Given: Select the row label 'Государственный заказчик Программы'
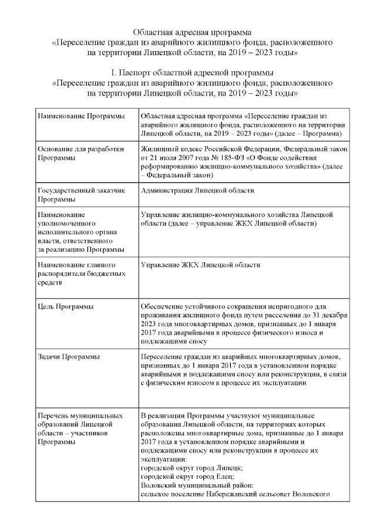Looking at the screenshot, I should click(80, 195).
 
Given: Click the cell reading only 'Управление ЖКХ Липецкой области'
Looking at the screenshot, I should click(200, 265).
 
